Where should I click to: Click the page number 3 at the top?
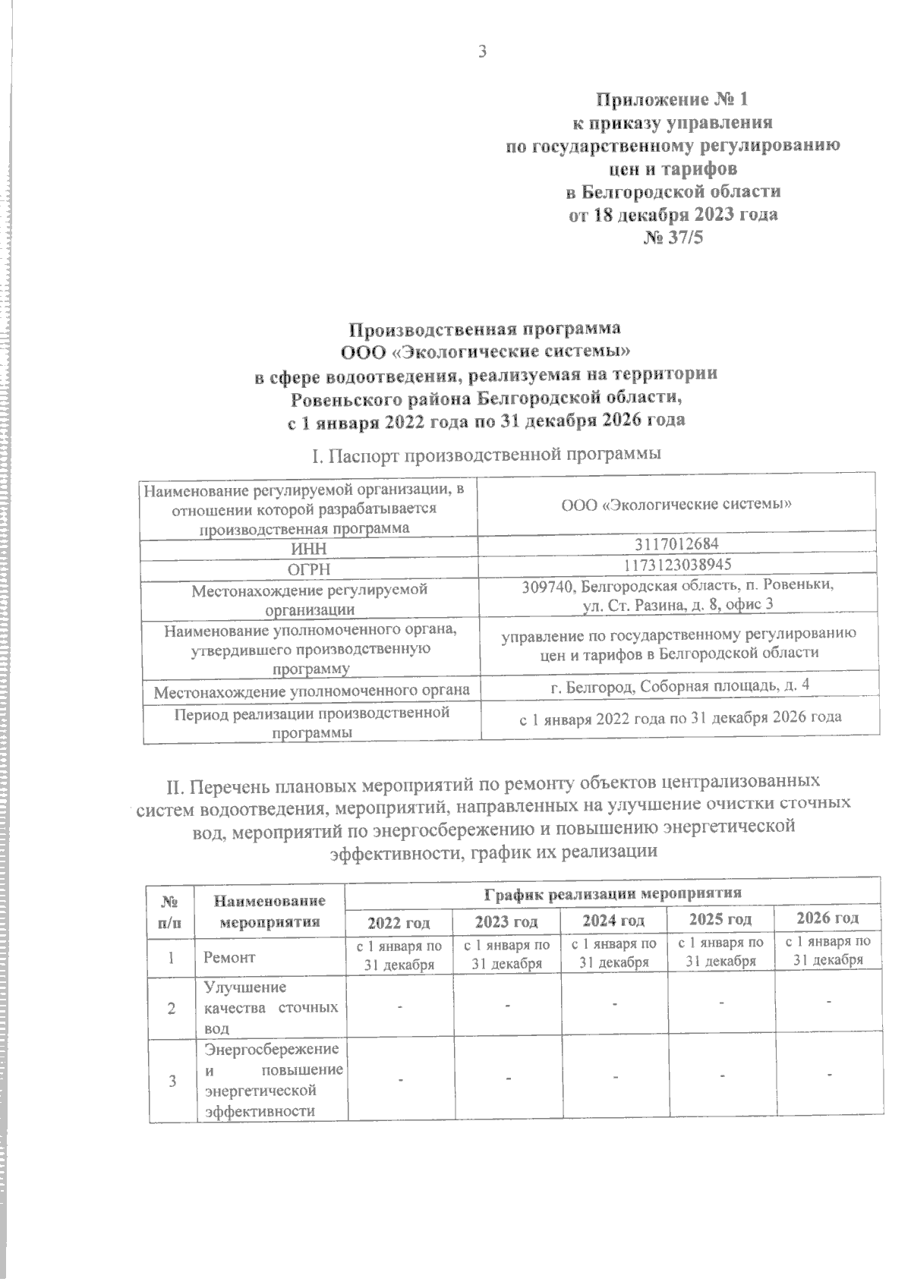pos(480,52)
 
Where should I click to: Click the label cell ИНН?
pos(309,547)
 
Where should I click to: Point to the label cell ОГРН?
pos(309,568)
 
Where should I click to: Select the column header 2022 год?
pos(399,922)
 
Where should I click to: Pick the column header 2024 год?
pos(613,921)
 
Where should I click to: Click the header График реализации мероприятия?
pos(613,892)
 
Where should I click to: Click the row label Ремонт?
pos(229,958)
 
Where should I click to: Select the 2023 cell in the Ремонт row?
pos(506,954)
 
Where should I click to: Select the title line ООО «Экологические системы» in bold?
pos(486,351)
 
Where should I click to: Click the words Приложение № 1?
pos(673,99)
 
